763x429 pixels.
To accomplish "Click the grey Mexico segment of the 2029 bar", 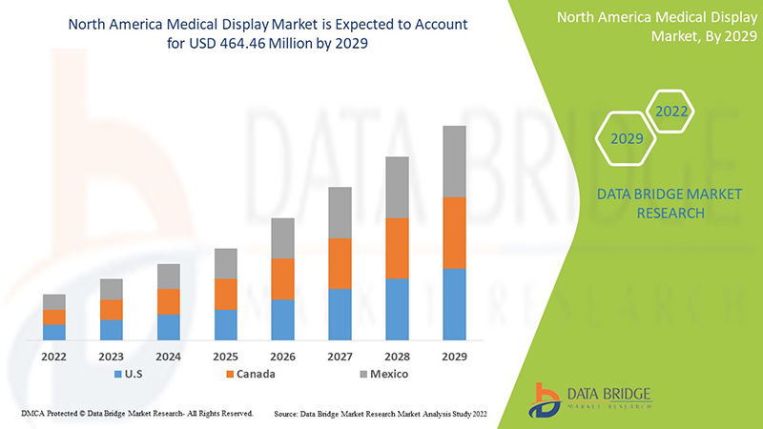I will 454,161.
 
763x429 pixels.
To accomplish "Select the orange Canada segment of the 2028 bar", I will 397,248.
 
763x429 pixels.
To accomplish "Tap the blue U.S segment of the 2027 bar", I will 340,314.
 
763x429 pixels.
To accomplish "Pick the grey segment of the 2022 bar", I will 54,301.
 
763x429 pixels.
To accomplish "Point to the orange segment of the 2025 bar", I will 225,294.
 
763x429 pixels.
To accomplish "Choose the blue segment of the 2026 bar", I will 282,319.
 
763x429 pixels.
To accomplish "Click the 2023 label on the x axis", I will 112,357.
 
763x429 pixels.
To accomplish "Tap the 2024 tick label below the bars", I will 169,357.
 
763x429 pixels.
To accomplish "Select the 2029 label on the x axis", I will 454,357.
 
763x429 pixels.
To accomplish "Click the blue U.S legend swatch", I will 118,375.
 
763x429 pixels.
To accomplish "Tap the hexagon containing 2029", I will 626,139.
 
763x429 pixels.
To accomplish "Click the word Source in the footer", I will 288,414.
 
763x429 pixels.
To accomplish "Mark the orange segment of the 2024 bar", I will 169,301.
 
